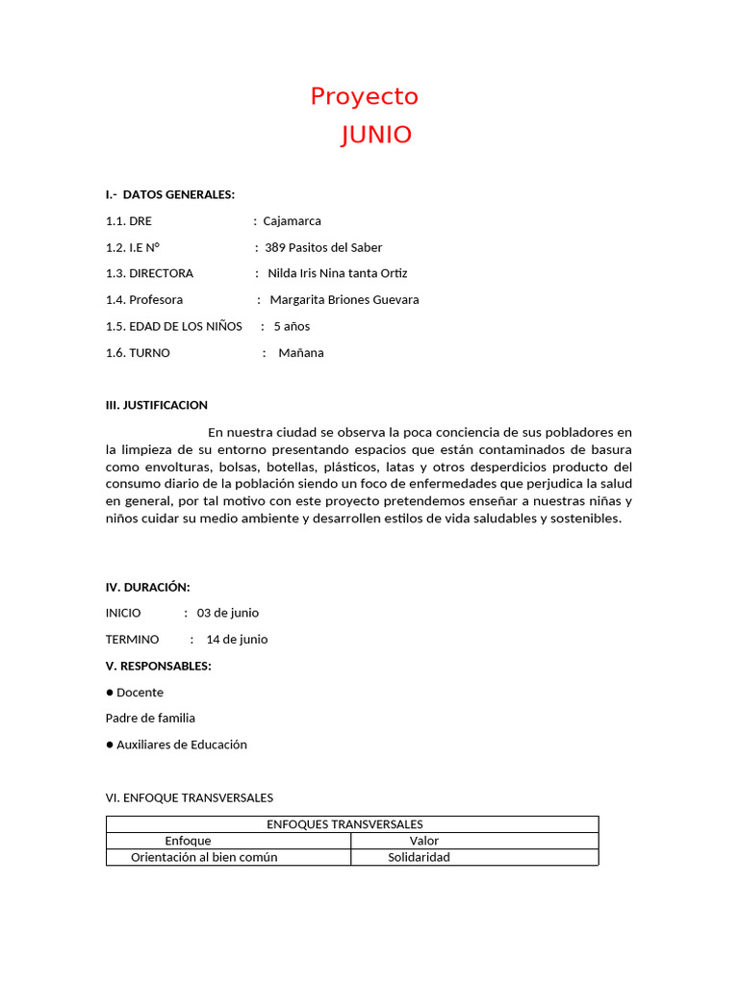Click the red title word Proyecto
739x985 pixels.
(364, 97)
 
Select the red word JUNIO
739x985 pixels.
(376, 136)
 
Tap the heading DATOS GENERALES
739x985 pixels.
(179, 194)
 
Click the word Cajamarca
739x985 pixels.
(293, 221)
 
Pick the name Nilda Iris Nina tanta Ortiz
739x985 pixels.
(338, 273)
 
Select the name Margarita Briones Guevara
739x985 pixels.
(344, 300)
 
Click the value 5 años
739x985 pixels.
(292, 326)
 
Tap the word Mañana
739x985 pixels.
(301, 353)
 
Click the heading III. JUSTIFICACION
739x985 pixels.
(157, 405)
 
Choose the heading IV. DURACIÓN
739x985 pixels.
(147, 587)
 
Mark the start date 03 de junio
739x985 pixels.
(228, 613)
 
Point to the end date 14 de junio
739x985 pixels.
(237, 640)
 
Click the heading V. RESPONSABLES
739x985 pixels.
(159, 666)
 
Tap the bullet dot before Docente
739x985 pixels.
(110, 693)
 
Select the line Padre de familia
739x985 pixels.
(150, 718)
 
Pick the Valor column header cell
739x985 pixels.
(423, 841)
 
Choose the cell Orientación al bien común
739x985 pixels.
(204, 857)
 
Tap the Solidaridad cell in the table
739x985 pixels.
(419, 857)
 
